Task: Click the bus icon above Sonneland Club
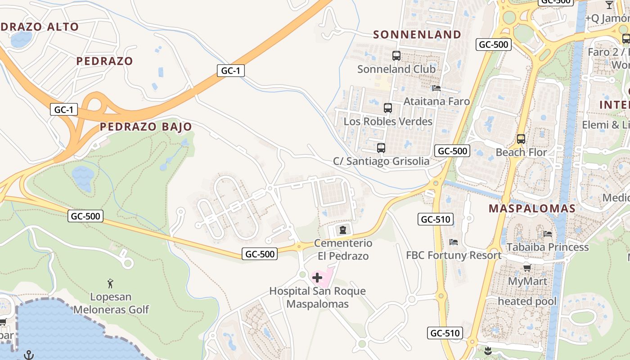(x=396, y=56)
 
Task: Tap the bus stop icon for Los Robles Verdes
(x=388, y=108)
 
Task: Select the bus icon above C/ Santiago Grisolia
(x=381, y=148)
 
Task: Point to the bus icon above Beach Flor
(x=521, y=139)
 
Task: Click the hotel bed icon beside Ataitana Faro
(x=436, y=88)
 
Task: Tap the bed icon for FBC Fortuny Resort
(x=454, y=242)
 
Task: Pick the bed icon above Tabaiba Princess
(x=548, y=234)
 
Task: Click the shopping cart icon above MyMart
(x=527, y=268)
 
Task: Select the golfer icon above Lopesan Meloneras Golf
(x=111, y=283)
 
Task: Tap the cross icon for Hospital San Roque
(x=317, y=278)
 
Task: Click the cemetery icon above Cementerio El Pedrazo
(x=343, y=230)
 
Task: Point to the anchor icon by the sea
(x=29, y=355)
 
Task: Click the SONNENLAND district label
(x=417, y=35)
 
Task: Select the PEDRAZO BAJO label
(x=146, y=127)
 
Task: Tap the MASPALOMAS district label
(x=532, y=208)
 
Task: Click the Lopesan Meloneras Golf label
(x=111, y=303)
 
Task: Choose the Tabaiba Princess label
(x=548, y=247)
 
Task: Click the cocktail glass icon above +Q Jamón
(x=609, y=5)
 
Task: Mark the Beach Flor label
(x=521, y=152)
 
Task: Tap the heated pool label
(x=527, y=301)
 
